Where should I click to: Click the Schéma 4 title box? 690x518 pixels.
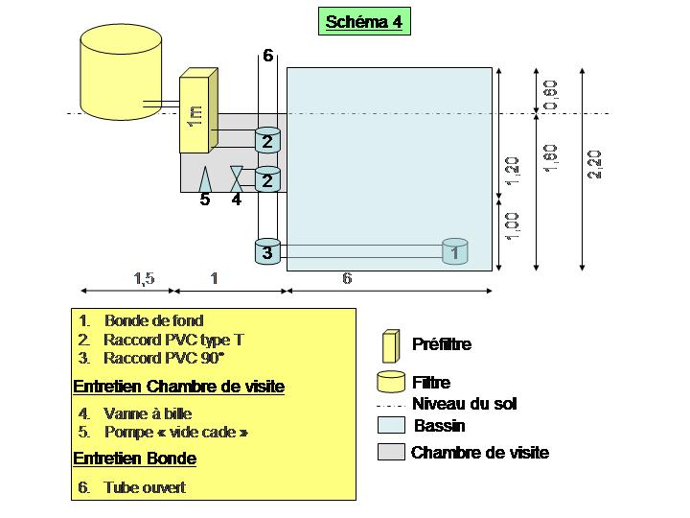coord(364,22)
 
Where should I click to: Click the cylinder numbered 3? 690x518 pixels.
coord(267,251)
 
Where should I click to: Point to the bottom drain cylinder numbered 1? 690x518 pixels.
coord(454,250)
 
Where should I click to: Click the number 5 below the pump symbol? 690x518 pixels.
coord(204,200)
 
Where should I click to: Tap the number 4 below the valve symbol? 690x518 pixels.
coord(236,200)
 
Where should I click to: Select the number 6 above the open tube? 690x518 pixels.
coord(268,56)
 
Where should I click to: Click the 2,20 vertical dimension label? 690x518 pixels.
coord(595,164)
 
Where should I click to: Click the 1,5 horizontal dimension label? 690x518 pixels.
coord(144,278)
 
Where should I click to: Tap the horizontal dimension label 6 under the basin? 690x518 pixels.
coord(347,278)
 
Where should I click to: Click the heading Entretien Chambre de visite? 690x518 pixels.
coord(178,387)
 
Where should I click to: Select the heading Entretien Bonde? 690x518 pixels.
coord(134,459)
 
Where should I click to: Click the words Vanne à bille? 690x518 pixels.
coord(149,413)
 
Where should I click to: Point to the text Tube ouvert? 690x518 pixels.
coord(145,487)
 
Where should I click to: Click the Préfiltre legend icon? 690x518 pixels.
coord(390,344)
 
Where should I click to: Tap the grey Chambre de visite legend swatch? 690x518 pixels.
coord(391,453)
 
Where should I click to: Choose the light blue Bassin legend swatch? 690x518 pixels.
coord(391,425)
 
